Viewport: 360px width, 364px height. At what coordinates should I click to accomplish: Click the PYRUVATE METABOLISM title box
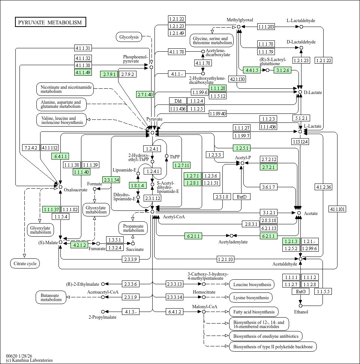pos(51,22)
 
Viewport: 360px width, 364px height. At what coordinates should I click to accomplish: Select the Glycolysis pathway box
pos(129,37)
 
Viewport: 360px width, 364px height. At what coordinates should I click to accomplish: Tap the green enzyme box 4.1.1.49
pos(83,72)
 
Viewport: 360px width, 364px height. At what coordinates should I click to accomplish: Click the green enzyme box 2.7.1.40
pos(145,94)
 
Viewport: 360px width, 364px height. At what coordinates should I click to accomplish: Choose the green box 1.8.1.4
pos(137,185)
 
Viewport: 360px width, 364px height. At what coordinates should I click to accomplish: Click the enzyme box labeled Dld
pos(178,101)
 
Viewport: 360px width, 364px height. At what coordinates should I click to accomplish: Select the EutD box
pos(241,197)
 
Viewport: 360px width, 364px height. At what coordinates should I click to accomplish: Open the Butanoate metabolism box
pos(51,297)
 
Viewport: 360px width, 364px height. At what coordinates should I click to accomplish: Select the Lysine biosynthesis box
pos(251,298)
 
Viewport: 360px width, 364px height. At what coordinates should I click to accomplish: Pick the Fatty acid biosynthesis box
pos(253,312)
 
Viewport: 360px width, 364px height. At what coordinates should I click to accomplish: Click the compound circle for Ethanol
pos(301,306)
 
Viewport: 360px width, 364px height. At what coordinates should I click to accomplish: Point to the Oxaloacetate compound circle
pos(60,186)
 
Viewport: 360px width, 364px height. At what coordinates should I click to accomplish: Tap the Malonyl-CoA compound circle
pos(204,312)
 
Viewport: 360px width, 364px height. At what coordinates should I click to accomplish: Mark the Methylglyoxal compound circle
pos(238,27)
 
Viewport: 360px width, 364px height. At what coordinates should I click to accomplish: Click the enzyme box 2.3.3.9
pos(131,259)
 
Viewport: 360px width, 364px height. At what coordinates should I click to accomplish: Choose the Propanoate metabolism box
pos(133,228)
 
